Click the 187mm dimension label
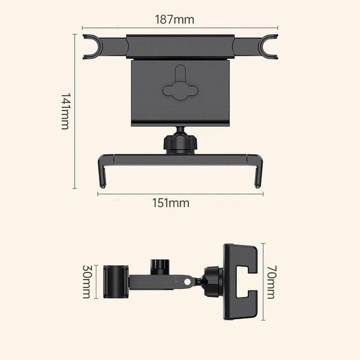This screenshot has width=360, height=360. tap(175, 20)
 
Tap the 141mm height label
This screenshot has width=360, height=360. tap(65, 112)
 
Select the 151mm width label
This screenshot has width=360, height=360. tap(171, 203)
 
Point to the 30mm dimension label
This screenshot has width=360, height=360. tap(86, 281)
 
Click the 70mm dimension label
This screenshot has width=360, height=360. tap(271, 282)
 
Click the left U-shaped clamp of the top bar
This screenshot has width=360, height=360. tap(92, 47)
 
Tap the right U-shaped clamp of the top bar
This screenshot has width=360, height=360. tap(268, 47)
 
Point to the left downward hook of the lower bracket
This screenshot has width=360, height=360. tap(102, 171)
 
